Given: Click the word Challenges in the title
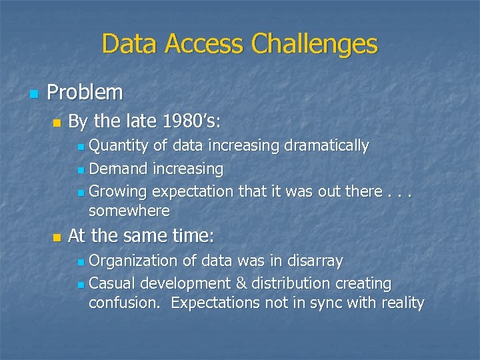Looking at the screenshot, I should click(314, 45).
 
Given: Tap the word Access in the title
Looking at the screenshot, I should click(205, 45).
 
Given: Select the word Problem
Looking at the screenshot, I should click(85, 93).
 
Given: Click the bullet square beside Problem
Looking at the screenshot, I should click(33, 94).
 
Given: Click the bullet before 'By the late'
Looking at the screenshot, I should click(56, 123).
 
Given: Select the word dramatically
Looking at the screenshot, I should click(327, 145).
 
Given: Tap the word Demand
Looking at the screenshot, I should click(118, 169).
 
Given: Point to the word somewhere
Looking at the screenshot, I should click(129, 211).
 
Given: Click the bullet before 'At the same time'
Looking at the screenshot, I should click(56, 237).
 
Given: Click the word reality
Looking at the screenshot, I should click(402, 303).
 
